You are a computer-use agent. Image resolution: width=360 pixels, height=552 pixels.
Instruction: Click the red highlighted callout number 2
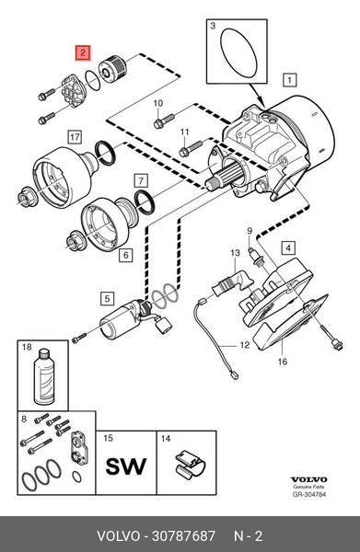83,53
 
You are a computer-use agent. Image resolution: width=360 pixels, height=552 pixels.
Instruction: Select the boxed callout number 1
289,80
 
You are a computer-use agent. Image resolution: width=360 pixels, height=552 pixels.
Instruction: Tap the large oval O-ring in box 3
238,52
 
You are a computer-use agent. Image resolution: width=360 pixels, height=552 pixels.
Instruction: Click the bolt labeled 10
164,121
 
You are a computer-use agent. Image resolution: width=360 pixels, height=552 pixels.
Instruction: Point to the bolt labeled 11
191,148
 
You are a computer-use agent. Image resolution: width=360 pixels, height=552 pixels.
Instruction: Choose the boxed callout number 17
75,136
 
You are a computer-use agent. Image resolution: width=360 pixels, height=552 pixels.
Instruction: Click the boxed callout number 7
141,180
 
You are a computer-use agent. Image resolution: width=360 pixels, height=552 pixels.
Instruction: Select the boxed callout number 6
126,255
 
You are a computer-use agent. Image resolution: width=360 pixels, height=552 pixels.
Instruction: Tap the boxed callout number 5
108,299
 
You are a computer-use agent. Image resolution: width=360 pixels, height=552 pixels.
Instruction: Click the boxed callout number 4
288,247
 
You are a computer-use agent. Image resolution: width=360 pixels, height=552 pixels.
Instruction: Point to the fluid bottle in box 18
44,376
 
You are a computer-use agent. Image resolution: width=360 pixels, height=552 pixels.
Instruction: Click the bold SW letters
126,466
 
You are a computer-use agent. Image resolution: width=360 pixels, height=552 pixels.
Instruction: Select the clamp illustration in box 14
191,464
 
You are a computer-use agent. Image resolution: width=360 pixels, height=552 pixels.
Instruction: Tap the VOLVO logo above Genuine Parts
309,479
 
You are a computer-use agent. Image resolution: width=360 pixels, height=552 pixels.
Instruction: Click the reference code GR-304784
309,494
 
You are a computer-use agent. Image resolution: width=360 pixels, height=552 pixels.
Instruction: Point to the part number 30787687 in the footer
183,535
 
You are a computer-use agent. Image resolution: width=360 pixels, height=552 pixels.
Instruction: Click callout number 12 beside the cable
245,345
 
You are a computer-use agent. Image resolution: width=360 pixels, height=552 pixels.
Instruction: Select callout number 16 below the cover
283,362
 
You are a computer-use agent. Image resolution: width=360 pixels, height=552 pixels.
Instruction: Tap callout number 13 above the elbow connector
236,253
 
